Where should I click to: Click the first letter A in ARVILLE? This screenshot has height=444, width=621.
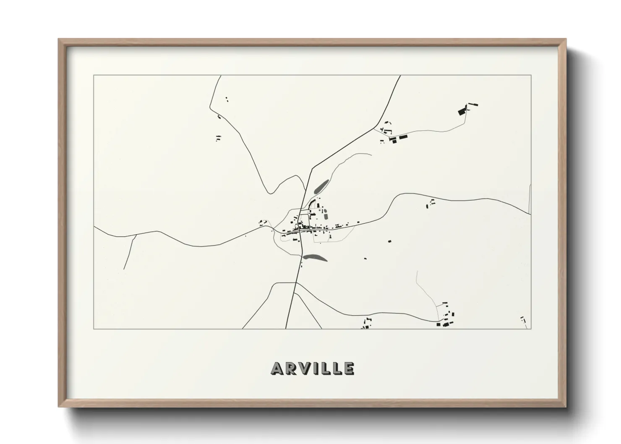[x=278, y=369]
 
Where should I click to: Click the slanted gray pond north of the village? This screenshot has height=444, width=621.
[x=321, y=186]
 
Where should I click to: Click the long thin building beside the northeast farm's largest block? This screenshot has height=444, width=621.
[x=473, y=105]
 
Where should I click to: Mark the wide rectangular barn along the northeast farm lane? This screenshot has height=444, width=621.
[x=403, y=137]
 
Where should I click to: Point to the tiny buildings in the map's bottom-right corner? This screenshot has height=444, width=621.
[x=523, y=320]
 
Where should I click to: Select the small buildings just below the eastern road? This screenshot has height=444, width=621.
[x=431, y=204]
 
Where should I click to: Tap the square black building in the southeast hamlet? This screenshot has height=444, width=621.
[x=439, y=324]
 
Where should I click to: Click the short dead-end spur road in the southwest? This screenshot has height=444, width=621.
[x=129, y=252]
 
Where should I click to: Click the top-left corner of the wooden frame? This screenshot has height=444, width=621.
[x=59, y=40]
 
